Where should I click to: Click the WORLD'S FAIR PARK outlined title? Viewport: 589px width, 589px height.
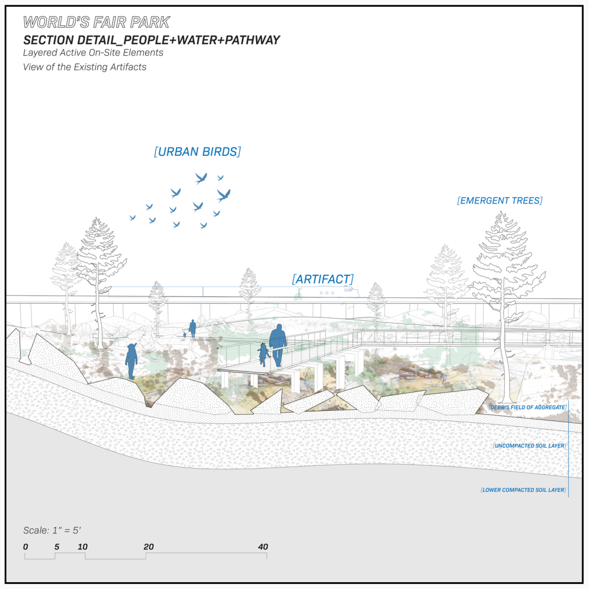pyautogui.click(x=96, y=23)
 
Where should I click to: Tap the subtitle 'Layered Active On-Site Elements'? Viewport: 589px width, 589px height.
pyautogui.click(x=93, y=53)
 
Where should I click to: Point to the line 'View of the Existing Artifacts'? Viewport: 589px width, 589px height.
pyautogui.click(x=84, y=67)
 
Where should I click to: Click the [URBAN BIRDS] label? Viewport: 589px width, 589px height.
pyautogui.click(x=197, y=152)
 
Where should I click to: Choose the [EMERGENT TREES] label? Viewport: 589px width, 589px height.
pyautogui.click(x=500, y=201)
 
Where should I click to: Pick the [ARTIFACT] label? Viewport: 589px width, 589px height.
pyautogui.click(x=323, y=279)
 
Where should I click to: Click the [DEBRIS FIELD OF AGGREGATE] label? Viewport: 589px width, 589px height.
pyautogui.click(x=527, y=407)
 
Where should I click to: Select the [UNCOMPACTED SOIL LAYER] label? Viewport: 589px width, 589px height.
pyautogui.click(x=529, y=445)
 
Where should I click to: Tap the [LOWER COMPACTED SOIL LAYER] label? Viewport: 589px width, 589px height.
pyautogui.click(x=524, y=490)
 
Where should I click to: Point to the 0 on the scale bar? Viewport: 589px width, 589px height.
pyautogui.click(x=26, y=547)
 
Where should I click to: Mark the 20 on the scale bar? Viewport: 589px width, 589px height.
pyautogui.click(x=148, y=547)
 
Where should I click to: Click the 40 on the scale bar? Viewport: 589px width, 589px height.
pyautogui.click(x=263, y=547)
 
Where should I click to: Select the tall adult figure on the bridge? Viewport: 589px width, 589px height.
pyautogui.click(x=278, y=344)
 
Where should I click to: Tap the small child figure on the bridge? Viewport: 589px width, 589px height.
pyautogui.click(x=264, y=354)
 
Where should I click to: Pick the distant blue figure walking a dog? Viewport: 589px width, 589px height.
pyautogui.click(x=193, y=328)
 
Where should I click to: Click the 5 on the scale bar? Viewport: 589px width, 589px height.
pyautogui.click(x=57, y=547)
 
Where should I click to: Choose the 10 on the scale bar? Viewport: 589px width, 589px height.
pyautogui.click(x=83, y=547)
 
